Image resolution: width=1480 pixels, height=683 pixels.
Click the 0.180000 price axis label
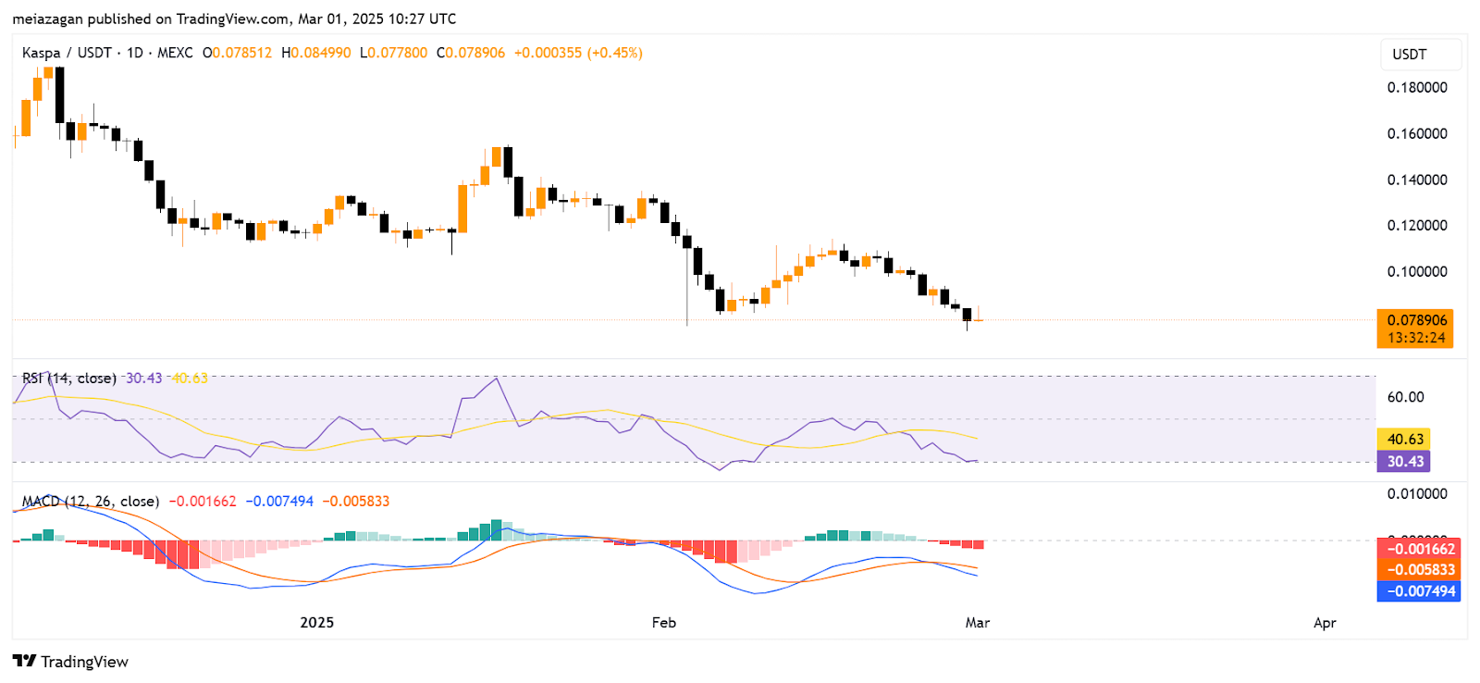(1416, 88)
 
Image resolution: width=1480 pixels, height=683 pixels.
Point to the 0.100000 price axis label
(1416, 272)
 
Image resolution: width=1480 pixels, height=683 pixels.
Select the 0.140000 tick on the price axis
(1416, 180)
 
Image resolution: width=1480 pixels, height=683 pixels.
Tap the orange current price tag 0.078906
(1415, 321)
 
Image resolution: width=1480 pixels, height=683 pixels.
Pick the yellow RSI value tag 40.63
(1404, 440)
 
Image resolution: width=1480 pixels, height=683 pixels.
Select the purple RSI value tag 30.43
(1404, 461)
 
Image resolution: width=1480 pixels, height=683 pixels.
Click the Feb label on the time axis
(663, 623)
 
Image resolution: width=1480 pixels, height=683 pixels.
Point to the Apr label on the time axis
(1325, 623)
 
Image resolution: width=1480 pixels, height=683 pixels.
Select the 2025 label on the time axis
(316, 623)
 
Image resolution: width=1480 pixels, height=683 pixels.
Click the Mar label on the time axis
(978, 623)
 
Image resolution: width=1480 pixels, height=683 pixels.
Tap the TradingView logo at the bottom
(70, 662)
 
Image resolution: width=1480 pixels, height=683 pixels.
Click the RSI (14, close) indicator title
(69, 379)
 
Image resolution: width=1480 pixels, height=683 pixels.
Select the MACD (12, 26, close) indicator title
(91, 502)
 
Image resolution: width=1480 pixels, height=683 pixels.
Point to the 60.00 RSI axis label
(1405, 397)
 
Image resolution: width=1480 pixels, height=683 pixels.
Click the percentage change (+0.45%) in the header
(614, 53)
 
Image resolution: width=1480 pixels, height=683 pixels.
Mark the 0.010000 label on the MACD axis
(1416, 494)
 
